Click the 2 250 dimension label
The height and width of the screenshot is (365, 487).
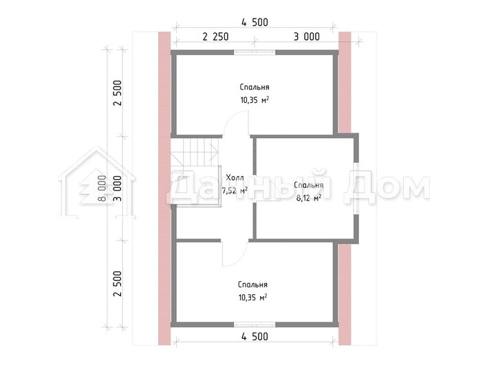tap(215, 36)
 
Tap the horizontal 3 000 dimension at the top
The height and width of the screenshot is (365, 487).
tap(307, 36)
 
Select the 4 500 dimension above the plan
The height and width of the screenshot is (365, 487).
tap(255, 23)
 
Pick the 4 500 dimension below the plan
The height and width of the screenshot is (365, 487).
tap(255, 336)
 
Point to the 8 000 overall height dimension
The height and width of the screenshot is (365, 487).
tap(102, 188)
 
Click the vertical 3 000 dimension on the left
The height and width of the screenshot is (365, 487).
tap(118, 188)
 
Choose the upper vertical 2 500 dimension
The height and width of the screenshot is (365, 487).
tap(118, 93)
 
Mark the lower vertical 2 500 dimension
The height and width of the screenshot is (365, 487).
tap(118, 284)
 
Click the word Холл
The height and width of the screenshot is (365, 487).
tap(235, 178)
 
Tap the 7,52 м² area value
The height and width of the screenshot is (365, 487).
tap(235, 190)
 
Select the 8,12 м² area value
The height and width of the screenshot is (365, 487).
tap(309, 198)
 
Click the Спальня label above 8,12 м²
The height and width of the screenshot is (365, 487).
tap(309, 186)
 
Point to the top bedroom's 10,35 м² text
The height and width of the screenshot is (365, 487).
tap(255, 100)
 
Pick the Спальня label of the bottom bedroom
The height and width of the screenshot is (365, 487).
tap(253, 285)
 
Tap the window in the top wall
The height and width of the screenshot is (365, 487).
tap(255, 52)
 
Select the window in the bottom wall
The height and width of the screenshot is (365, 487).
tap(255, 324)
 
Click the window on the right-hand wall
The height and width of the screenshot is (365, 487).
tap(356, 188)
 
